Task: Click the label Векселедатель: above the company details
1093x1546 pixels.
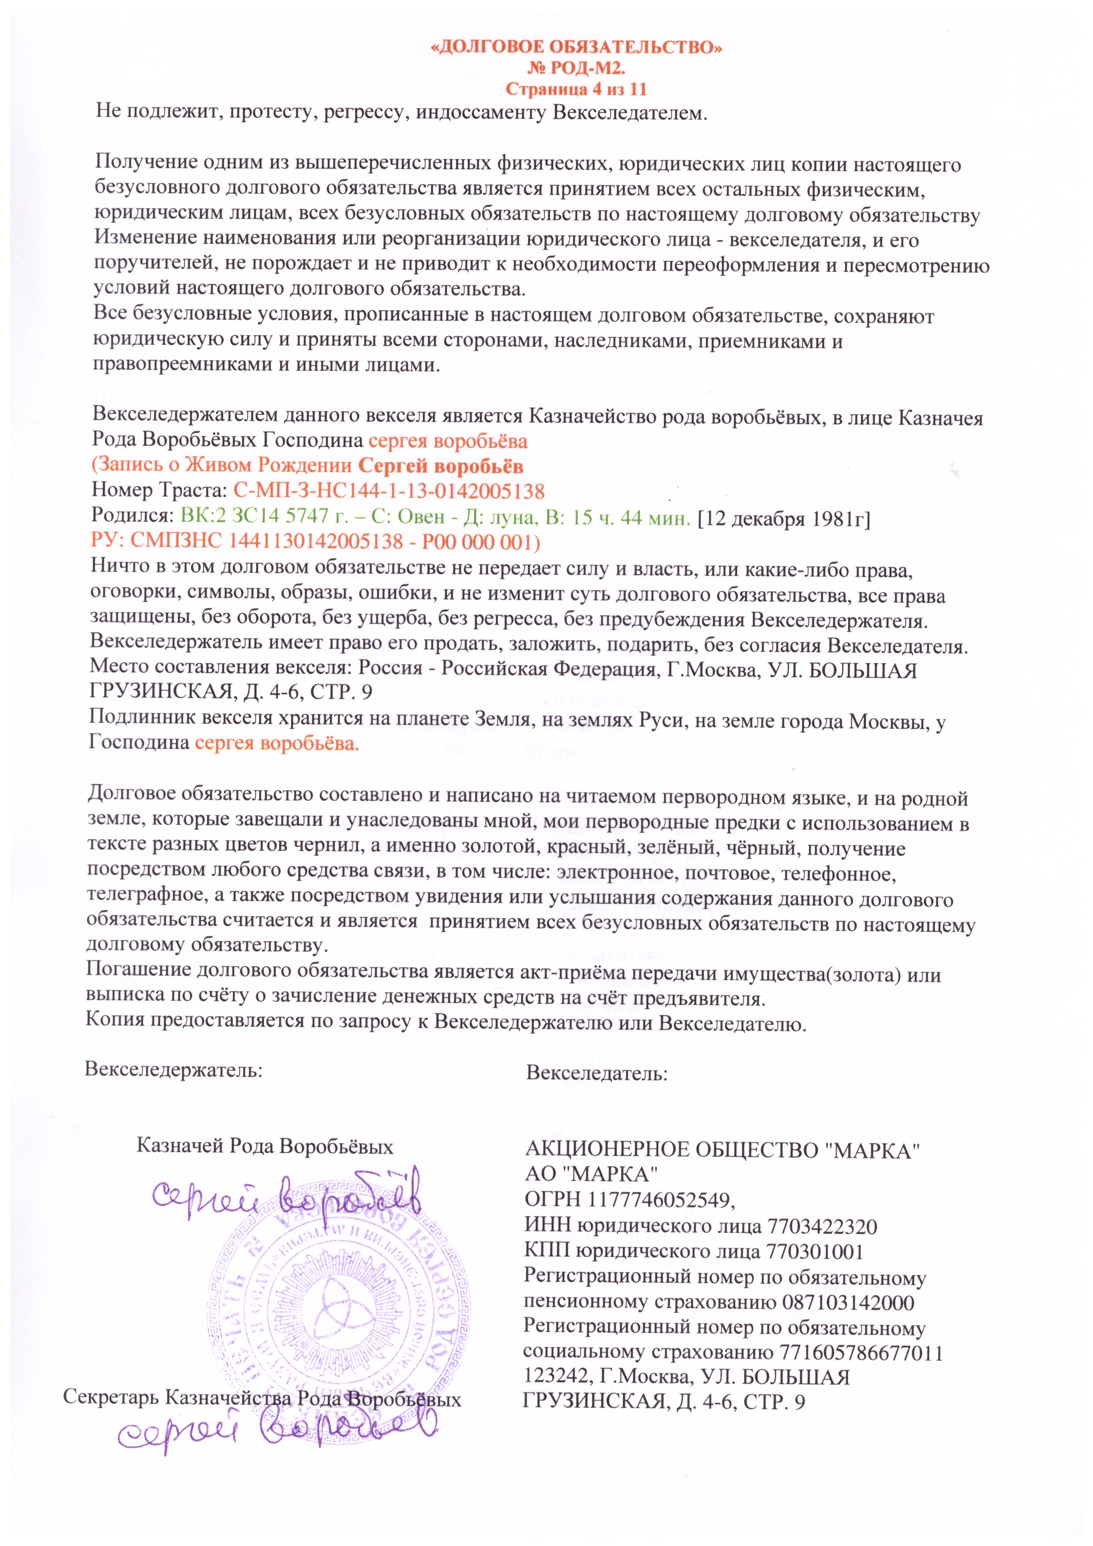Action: click(596, 1074)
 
